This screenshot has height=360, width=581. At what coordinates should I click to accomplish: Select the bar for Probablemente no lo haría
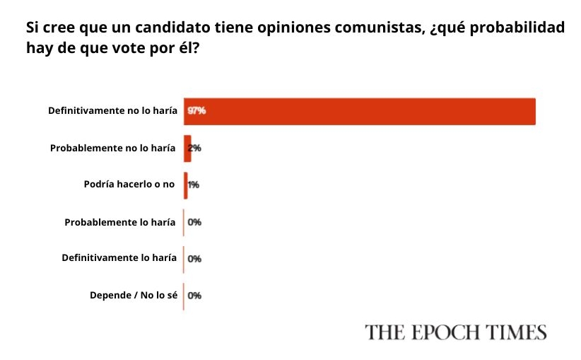coord(187,149)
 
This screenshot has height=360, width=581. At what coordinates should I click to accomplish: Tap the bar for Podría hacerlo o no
coord(186,185)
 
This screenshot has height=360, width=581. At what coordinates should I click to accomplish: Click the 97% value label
coord(196,111)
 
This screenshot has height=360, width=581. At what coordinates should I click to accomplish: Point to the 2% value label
coord(195,149)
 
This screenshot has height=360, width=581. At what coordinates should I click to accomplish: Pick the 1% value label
coord(194,185)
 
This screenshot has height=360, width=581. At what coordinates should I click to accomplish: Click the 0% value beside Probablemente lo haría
coord(194,222)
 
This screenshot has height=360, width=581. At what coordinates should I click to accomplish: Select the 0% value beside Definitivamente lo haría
coord(194,259)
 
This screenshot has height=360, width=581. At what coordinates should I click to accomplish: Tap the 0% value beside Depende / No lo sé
coord(194,296)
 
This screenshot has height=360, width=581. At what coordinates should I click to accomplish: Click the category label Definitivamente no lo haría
coord(112,111)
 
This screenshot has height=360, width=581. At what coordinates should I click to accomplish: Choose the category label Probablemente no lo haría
coord(113,149)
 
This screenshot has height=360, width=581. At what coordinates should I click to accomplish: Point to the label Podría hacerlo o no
coord(129,185)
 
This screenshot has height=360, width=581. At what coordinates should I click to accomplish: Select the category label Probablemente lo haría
coord(119,222)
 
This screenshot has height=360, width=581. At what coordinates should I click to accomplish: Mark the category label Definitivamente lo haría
coord(119,259)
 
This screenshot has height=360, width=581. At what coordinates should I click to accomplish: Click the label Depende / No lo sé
coord(133,296)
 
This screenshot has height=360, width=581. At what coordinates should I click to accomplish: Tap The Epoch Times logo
coord(456,332)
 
